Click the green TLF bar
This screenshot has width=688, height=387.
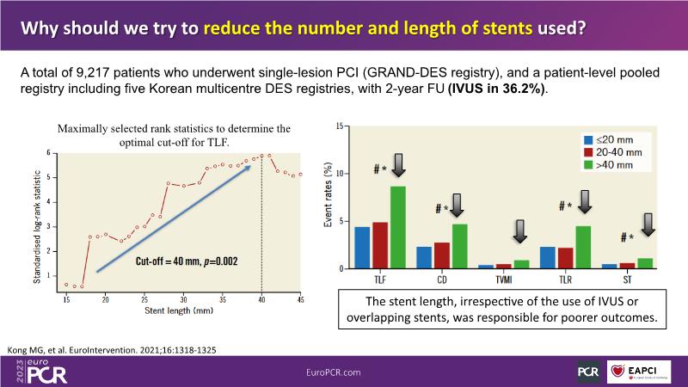coord(398,227)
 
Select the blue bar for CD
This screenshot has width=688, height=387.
coord(424,257)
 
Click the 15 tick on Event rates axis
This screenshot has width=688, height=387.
coord(341,126)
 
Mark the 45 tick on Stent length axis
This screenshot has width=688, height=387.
coord(300,299)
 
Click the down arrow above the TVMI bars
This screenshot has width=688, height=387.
coord(519,232)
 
